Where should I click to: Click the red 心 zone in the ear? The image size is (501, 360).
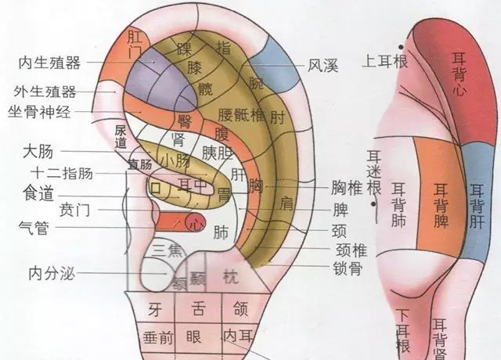(x=191, y=221)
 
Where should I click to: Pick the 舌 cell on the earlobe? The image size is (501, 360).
(x=196, y=309)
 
